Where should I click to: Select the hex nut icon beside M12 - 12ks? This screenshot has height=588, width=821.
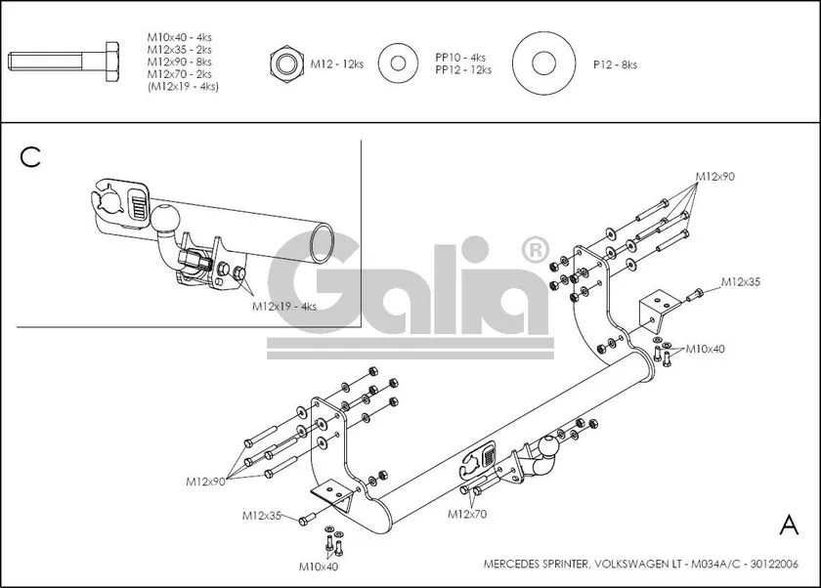(x=285, y=64)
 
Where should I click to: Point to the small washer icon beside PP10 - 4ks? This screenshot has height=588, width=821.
(x=399, y=63)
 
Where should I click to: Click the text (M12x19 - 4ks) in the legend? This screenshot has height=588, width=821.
(x=183, y=87)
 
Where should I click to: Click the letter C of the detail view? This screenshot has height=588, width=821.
(x=30, y=157)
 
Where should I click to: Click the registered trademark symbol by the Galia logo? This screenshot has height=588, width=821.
(x=535, y=251)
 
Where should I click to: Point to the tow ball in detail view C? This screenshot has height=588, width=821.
(x=166, y=217)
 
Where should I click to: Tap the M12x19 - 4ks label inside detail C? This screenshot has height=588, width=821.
(x=284, y=306)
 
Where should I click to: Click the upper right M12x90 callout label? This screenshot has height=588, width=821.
(x=715, y=177)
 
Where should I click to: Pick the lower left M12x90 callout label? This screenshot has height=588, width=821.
(x=207, y=482)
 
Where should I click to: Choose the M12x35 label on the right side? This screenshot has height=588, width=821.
(x=741, y=281)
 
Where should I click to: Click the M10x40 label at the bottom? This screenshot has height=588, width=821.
(x=320, y=567)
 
